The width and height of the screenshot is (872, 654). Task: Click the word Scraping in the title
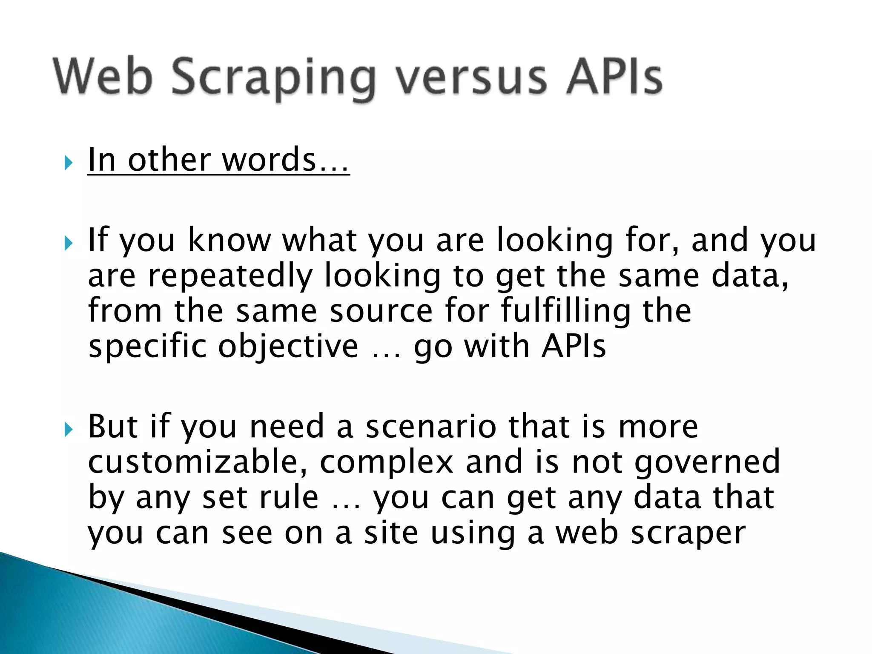click(x=273, y=79)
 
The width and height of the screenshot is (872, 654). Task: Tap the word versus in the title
click(x=471, y=79)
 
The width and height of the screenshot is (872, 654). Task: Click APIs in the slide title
click(x=614, y=77)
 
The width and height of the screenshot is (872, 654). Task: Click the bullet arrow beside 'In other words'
click(x=69, y=163)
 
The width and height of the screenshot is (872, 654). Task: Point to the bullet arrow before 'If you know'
click(x=69, y=244)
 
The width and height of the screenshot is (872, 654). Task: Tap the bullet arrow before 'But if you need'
click(x=69, y=430)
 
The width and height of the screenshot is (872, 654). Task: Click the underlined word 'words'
click(x=269, y=160)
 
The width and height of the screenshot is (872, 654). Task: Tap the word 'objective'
click(x=288, y=346)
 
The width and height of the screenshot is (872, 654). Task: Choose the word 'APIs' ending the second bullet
click(x=574, y=346)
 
